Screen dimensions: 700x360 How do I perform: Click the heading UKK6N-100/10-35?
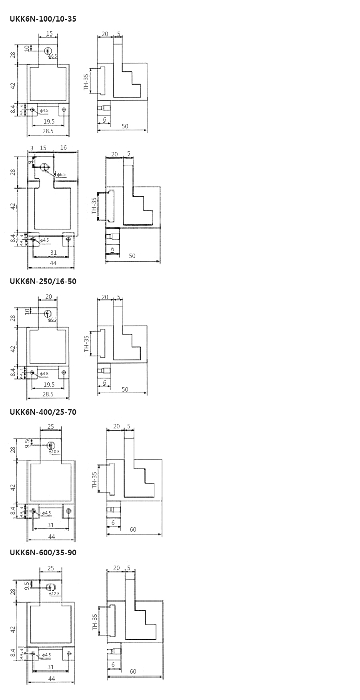point(43,19)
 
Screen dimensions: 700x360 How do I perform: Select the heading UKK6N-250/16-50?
point(43,281)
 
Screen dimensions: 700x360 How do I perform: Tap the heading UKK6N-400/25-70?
point(43,412)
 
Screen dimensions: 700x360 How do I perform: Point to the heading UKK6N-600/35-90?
point(43,552)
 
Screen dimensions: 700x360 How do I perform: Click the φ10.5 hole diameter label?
point(54,452)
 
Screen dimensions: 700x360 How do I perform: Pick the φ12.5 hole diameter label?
point(54,594)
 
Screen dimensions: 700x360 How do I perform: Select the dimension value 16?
point(64,148)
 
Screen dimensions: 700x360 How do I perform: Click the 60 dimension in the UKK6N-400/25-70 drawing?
point(133,530)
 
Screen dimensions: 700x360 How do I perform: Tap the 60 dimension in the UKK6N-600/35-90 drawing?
point(133,671)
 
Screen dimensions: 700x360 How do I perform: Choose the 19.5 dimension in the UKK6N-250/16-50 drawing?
point(49,384)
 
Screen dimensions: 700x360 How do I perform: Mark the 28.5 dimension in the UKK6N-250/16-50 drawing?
point(48,394)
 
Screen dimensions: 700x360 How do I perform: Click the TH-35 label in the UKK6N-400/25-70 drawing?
point(94,480)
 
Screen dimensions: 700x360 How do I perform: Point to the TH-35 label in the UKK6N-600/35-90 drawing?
point(95,622)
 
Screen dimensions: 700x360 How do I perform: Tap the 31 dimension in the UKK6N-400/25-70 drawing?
point(51,525)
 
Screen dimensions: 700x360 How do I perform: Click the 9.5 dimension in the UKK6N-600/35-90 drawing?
point(27,586)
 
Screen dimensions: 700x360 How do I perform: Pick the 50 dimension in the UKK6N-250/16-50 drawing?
point(125,390)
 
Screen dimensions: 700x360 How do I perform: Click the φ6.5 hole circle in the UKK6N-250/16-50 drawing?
point(48,313)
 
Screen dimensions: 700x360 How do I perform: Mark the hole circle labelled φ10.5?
point(51,446)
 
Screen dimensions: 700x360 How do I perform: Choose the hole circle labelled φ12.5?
point(51,587)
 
